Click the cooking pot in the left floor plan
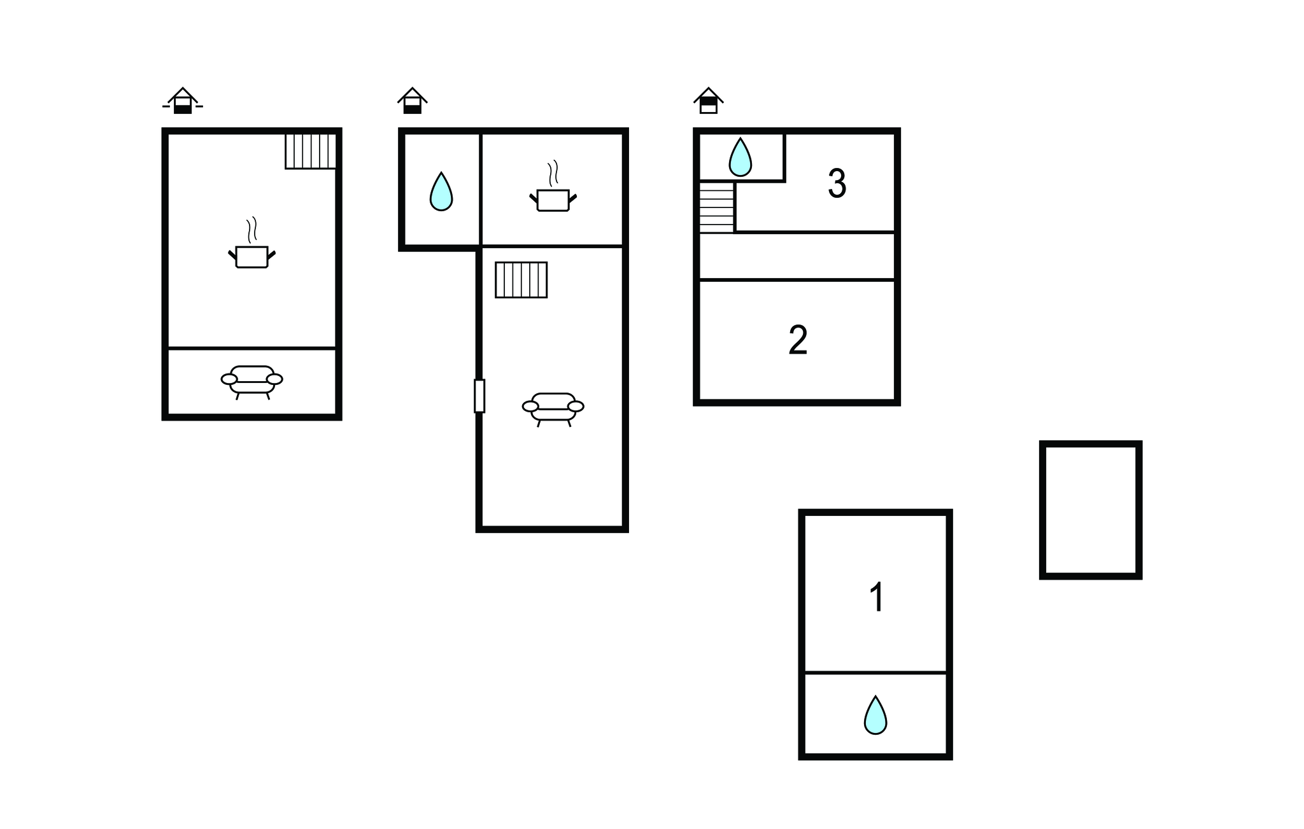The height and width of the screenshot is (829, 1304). pos(252,256)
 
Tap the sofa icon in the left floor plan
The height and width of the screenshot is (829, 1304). pos(252,382)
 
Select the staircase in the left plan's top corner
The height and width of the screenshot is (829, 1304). pos(310,151)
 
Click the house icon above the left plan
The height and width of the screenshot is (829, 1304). pos(183,101)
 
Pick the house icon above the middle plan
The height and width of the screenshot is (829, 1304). pos(413,101)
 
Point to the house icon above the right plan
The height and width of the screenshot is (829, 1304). pos(709,101)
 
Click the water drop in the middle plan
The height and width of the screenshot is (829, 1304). pos(441,191)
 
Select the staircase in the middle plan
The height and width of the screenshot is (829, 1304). pos(521,280)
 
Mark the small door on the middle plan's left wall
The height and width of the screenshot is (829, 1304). pos(479,396)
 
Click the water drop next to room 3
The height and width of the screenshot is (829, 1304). pos(740,157)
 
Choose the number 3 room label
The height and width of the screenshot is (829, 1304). pos(837,183)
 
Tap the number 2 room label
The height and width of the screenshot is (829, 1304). pos(798,340)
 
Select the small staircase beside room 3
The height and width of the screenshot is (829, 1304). pos(717,207)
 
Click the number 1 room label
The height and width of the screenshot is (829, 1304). pos(877,597)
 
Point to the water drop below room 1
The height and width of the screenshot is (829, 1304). pos(875,715)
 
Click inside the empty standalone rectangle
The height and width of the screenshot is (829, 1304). pos(1091,510)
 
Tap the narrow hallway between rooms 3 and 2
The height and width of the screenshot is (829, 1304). pos(797,256)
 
